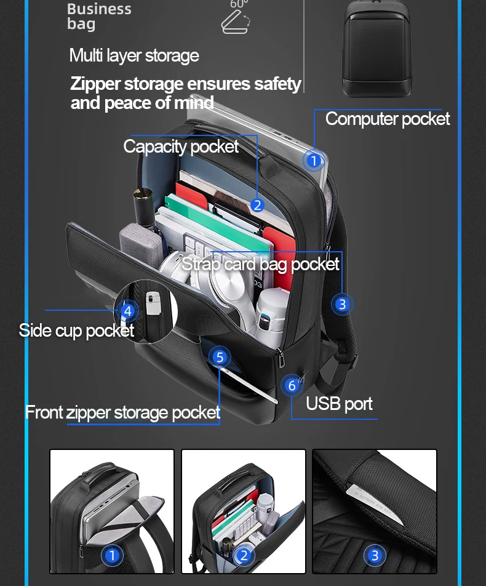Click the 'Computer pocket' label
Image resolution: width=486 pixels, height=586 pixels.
click(x=387, y=119)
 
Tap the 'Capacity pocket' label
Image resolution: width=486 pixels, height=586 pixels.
click(x=181, y=146)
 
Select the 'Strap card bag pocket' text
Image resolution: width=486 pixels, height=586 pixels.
click(x=260, y=264)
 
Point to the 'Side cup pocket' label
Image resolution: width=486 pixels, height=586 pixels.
click(x=76, y=331)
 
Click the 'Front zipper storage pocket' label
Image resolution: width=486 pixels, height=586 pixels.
click(x=122, y=412)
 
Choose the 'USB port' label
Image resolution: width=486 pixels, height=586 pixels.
click(x=339, y=404)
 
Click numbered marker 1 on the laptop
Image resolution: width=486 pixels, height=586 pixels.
click(x=314, y=161)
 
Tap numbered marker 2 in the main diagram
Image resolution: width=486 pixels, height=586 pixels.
click(x=257, y=205)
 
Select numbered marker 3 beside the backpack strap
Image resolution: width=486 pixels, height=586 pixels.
click(x=342, y=304)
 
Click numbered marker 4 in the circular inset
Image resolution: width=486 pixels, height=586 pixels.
click(x=127, y=311)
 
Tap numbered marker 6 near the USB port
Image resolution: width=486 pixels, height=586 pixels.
click(x=292, y=385)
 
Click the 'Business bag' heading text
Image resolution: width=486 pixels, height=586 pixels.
click(x=98, y=17)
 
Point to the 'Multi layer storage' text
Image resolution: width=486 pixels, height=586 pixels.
click(x=134, y=56)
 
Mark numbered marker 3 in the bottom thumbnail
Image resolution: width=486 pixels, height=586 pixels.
click(x=374, y=556)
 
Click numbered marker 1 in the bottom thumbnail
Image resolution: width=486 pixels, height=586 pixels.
click(x=112, y=556)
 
